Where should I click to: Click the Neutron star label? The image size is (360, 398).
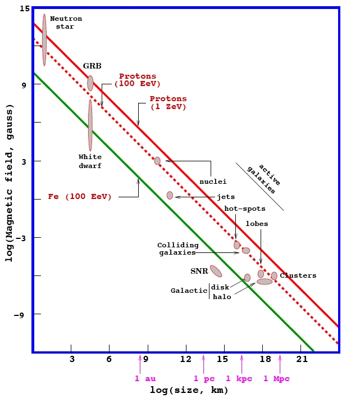coord(66,22)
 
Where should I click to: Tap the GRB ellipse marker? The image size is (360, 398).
coord(90,83)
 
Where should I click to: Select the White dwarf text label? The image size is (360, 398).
coord(90,161)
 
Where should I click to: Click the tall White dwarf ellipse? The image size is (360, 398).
coord(90,125)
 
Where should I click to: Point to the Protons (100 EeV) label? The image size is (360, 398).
coord(138,80)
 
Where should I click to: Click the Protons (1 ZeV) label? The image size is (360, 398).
coord(168,102)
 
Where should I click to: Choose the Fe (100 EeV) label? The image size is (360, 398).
coord(80,197)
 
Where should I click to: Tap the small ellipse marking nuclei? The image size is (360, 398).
coord(157,161)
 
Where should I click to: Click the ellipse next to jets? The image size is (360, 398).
coord(170,196)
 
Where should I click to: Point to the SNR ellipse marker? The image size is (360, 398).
coord(216,271)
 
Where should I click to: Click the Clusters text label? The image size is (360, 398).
coord(298,275)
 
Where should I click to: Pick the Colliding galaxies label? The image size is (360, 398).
coord(177,249)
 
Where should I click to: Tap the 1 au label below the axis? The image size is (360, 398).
coord(144,378)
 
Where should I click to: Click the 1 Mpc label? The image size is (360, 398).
coord(276,378)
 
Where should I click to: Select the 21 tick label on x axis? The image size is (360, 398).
coord(302,359)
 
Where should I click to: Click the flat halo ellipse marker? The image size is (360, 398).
coord(265,282)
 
